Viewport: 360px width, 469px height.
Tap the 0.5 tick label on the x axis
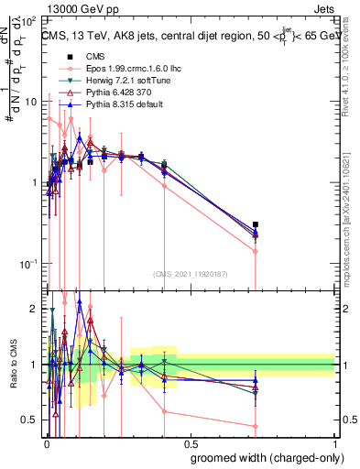click(190, 443)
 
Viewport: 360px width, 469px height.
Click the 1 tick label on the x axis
click(333, 443)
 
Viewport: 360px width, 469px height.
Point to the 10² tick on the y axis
click(31, 20)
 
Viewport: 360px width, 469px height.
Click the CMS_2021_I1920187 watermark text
click(190, 273)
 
